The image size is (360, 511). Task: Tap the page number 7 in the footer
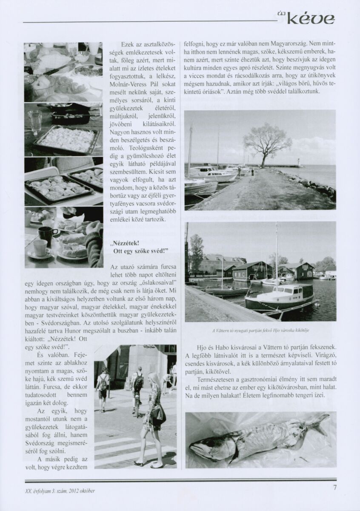335,488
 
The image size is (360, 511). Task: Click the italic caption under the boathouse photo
260,331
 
